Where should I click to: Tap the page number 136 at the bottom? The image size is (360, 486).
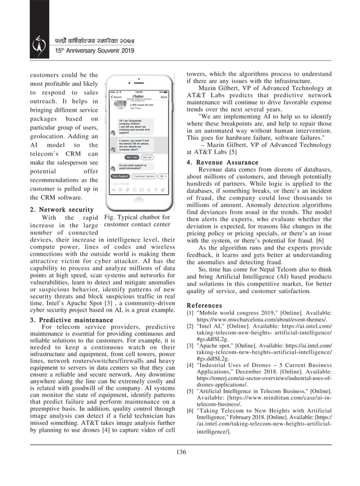pyautogui.click(x=181, y=452)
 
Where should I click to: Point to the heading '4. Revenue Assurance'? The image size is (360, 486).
pyautogui.click(x=222, y=163)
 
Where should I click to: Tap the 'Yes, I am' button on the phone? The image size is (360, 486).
pyautogui.click(x=133, y=157)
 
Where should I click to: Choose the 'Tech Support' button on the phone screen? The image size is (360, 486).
pyautogui.click(x=120, y=177)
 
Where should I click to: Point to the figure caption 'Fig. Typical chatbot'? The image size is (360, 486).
pyautogui.click(x=138, y=217)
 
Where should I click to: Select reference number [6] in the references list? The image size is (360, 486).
pyautogui.click(x=191, y=411)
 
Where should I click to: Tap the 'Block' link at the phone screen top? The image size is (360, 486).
pyautogui.click(x=164, y=97)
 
